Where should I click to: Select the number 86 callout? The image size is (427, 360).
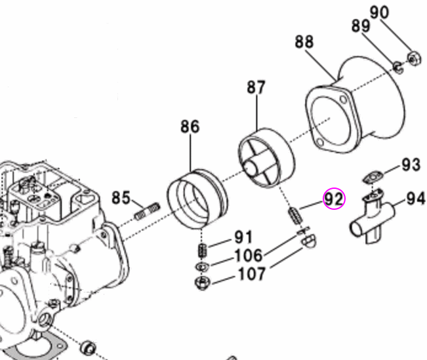190,127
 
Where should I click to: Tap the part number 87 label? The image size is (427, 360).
256,87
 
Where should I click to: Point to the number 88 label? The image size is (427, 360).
304,43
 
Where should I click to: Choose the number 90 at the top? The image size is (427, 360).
397,12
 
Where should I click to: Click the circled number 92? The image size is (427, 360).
334,197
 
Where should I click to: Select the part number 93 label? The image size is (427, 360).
411,164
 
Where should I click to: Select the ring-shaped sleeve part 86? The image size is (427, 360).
197,196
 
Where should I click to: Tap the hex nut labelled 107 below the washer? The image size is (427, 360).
201,283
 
